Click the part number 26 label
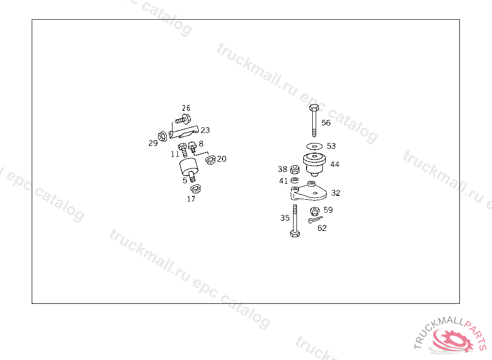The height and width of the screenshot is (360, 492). click(x=186, y=108)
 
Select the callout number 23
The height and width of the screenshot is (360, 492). click(x=205, y=130)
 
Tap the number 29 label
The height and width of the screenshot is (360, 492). click(x=153, y=143)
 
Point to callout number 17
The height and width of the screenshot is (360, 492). click(x=191, y=199)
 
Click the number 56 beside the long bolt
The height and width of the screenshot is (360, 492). click(x=326, y=123)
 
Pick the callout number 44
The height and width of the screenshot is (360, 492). click(x=334, y=164)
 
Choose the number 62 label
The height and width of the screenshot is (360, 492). click(x=322, y=228)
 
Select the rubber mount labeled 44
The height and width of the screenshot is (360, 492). click(x=314, y=162)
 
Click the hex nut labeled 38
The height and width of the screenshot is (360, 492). click(x=296, y=169)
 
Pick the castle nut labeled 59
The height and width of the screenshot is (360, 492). click(x=315, y=210)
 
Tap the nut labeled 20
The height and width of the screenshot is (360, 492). click(x=209, y=160)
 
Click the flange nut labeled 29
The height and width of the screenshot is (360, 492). click(x=162, y=137)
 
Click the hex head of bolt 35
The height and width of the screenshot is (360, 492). click(x=295, y=234)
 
